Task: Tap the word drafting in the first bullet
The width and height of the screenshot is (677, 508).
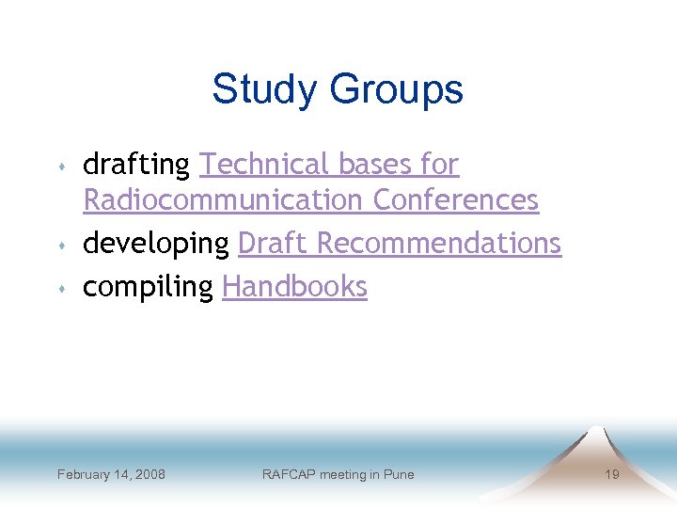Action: [x=136, y=166]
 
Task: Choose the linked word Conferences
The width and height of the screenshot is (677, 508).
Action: [x=456, y=200]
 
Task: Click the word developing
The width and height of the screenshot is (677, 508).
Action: [x=156, y=244]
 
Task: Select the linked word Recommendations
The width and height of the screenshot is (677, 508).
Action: [x=438, y=243]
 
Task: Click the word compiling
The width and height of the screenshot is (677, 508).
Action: [x=149, y=287]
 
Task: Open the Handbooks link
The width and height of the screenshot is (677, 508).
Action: [x=294, y=286]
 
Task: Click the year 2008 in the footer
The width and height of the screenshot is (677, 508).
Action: [x=149, y=474]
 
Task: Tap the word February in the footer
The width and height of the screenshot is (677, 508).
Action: [x=83, y=474]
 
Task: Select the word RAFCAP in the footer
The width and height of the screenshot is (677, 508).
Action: [x=287, y=474]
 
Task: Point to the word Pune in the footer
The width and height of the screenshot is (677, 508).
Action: [x=399, y=474]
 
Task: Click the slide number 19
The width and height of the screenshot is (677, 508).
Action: [x=611, y=474]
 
